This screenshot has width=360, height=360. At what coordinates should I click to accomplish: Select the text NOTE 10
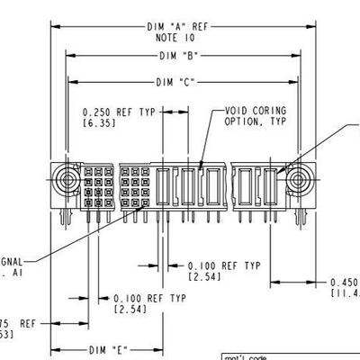point(175,39)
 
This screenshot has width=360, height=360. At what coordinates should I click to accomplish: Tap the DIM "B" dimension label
point(180,56)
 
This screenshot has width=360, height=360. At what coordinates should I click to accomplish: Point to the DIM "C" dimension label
point(175,83)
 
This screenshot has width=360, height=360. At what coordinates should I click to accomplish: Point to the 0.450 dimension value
point(346,281)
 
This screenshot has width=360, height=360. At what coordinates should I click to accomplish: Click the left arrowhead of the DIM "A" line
point(54,28)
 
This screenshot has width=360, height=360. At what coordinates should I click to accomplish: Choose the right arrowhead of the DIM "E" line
point(158,349)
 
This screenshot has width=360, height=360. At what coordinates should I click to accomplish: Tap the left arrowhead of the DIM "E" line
point(54,349)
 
